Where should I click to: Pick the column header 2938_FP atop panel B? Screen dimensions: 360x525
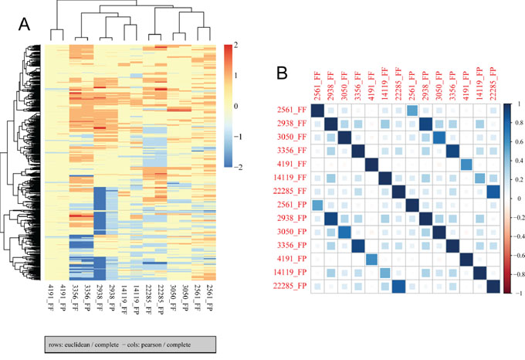coord(425,84)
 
